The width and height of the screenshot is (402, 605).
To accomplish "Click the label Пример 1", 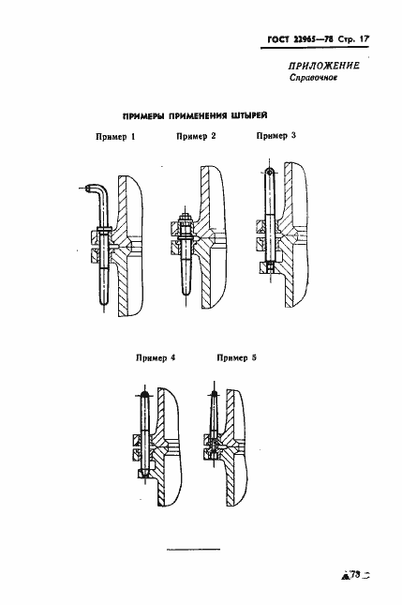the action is (x=115, y=137).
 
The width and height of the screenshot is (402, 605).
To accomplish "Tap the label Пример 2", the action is (x=196, y=136).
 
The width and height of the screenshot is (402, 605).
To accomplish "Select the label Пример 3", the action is (x=276, y=135).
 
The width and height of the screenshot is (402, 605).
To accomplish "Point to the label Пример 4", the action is (x=156, y=357).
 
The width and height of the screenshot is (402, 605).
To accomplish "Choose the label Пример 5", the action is (x=237, y=357).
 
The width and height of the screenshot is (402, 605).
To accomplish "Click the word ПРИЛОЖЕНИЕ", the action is (x=324, y=66).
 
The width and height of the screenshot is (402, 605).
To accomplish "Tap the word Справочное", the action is (x=313, y=78).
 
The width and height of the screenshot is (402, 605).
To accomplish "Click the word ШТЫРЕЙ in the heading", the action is (x=249, y=115).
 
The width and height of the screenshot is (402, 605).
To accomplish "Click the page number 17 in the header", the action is (x=364, y=39).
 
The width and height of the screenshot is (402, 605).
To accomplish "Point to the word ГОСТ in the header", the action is (x=278, y=39).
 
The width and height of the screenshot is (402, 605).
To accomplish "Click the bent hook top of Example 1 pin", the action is (x=97, y=189).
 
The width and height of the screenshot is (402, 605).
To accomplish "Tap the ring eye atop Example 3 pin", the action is (x=270, y=171).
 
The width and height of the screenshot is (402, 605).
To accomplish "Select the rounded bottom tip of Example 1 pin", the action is (x=104, y=299).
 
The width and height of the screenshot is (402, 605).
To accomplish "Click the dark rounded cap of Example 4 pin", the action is (x=145, y=394).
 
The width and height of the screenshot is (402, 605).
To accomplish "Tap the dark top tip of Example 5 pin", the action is (x=214, y=393).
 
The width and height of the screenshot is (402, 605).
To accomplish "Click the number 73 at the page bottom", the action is (x=354, y=575).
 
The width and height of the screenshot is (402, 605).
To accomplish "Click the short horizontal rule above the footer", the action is (x=193, y=549).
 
